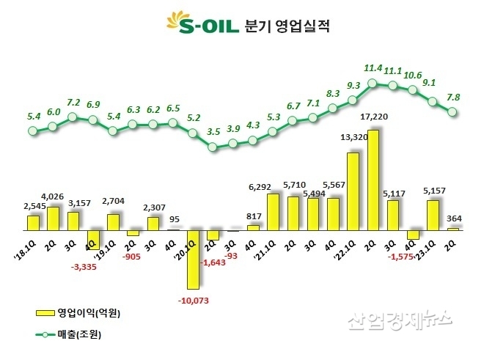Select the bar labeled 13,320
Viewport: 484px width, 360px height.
353,191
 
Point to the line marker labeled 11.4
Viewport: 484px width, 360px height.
373,83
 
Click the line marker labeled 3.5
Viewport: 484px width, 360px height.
213,147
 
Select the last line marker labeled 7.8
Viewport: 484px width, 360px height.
452,112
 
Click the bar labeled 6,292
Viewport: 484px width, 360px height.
273,212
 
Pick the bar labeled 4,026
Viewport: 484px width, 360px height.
53,218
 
